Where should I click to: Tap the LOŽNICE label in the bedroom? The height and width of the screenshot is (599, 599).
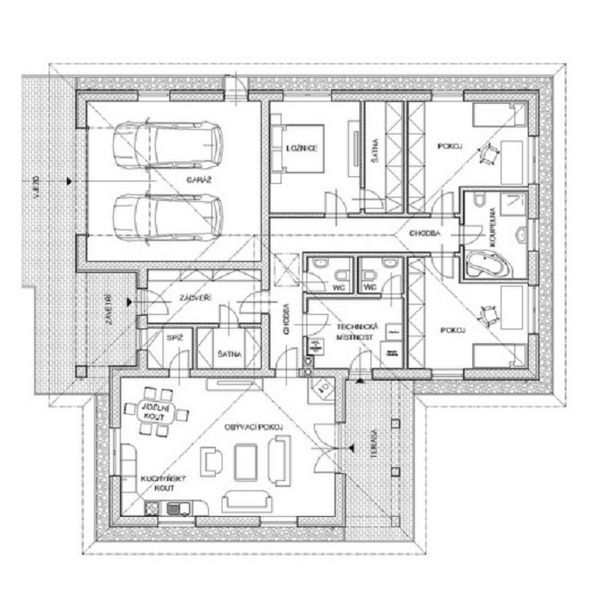302,149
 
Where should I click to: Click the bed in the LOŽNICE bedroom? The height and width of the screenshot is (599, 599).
294,150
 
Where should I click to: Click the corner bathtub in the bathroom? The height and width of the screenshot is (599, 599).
485,265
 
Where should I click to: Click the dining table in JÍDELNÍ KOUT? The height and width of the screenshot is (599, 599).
159,417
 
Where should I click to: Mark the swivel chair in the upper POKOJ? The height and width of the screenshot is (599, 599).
489,154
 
